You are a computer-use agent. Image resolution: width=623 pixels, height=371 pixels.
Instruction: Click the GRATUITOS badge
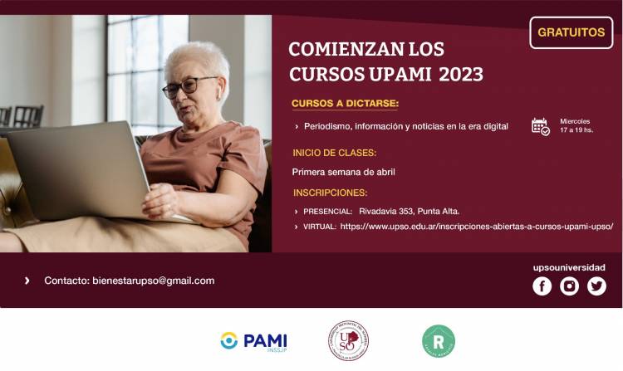(x=571, y=32)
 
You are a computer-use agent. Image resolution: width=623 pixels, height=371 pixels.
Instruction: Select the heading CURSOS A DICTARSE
(x=345, y=104)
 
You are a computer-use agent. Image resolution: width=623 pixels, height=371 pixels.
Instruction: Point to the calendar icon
(x=540, y=126)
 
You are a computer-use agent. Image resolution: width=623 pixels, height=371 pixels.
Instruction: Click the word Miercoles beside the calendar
(x=575, y=121)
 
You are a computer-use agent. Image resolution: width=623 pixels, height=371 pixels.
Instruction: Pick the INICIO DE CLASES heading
(x=334, y=153)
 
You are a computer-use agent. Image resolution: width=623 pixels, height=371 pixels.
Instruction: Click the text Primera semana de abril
(x=343, y=172)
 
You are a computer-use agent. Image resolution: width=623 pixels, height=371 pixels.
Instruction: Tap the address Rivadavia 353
(x=387, y=211)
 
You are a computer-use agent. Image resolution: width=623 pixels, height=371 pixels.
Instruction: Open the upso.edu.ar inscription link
(x=476, y=226)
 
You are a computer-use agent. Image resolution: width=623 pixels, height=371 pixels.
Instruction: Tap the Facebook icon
(x=542, y=286)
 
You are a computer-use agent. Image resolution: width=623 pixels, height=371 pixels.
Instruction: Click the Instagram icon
(x=569, y=286)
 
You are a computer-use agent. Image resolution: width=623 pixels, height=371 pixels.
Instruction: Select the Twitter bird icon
(x=596, y=286)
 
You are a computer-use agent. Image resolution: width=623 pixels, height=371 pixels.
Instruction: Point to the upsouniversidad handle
(x=569, y=267)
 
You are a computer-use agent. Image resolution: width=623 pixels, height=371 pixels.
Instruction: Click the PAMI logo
(x=253, y=340)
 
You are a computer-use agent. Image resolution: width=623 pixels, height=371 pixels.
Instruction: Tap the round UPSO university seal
(x=348, y=340)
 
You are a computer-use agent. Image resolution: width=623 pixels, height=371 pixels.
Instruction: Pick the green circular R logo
(x=438, y=340)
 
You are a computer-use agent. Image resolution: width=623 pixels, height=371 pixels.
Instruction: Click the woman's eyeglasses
(x=189, y=86)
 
